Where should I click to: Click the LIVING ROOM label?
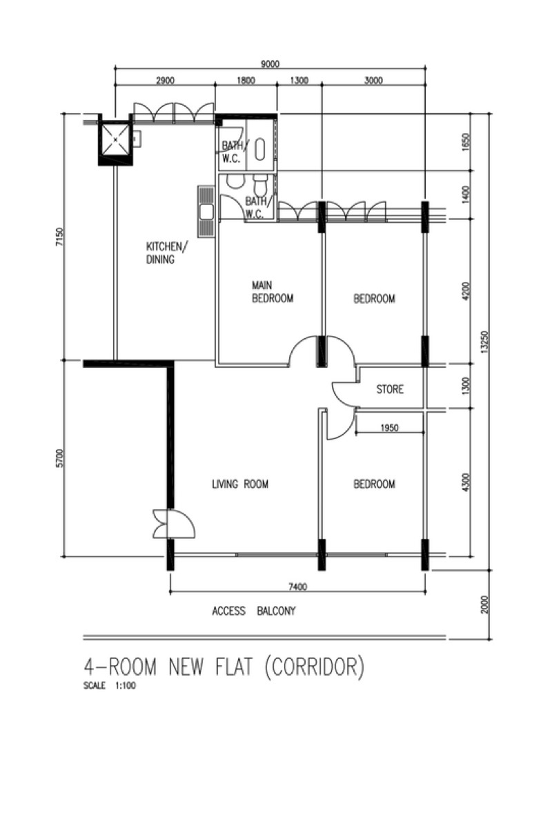click(x=240, y=484)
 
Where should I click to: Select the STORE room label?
click(x=390, y=389)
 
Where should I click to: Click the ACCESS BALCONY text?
click(x=254, y=611)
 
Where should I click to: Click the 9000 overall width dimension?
click(x=270, y=64)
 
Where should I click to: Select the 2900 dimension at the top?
click(x=166, y=80)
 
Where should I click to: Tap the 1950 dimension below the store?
click(x=389, y=427)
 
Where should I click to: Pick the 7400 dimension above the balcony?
click(x=298, y=587)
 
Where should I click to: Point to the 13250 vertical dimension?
click(x=484, y=342)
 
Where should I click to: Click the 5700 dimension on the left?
click(x=59, y=458)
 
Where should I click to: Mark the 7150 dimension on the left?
click(x=59, y=237)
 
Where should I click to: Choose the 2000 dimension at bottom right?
click(x=484, y=604)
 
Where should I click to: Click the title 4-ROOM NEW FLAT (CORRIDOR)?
click(x=224, y=667)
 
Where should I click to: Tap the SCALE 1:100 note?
click(x=109, y=685)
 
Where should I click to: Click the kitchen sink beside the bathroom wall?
click(x=206, y=212)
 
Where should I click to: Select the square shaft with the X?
click(x=115, y=139)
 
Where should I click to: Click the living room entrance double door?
click(x=174, y=524)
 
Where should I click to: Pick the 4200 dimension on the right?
click(x=466, y=291)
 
